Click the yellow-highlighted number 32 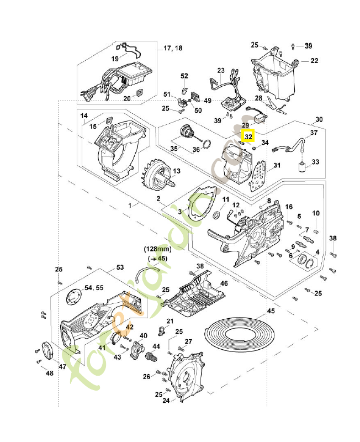[248, 136]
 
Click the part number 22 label [314, 61]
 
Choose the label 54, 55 [93, 288]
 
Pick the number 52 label [184, 76]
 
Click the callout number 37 [314, 133]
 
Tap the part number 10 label [316, 213]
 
